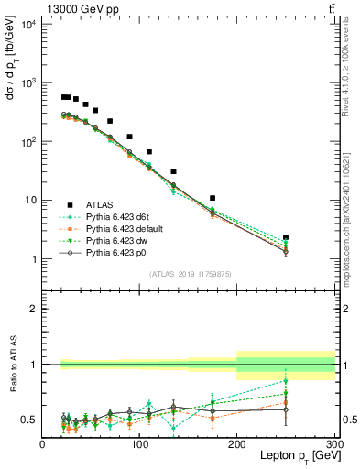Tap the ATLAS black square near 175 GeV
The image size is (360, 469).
pos(213,198)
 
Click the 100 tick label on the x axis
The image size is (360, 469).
pos(139,443)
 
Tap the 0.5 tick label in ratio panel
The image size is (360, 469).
pos(29,420)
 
